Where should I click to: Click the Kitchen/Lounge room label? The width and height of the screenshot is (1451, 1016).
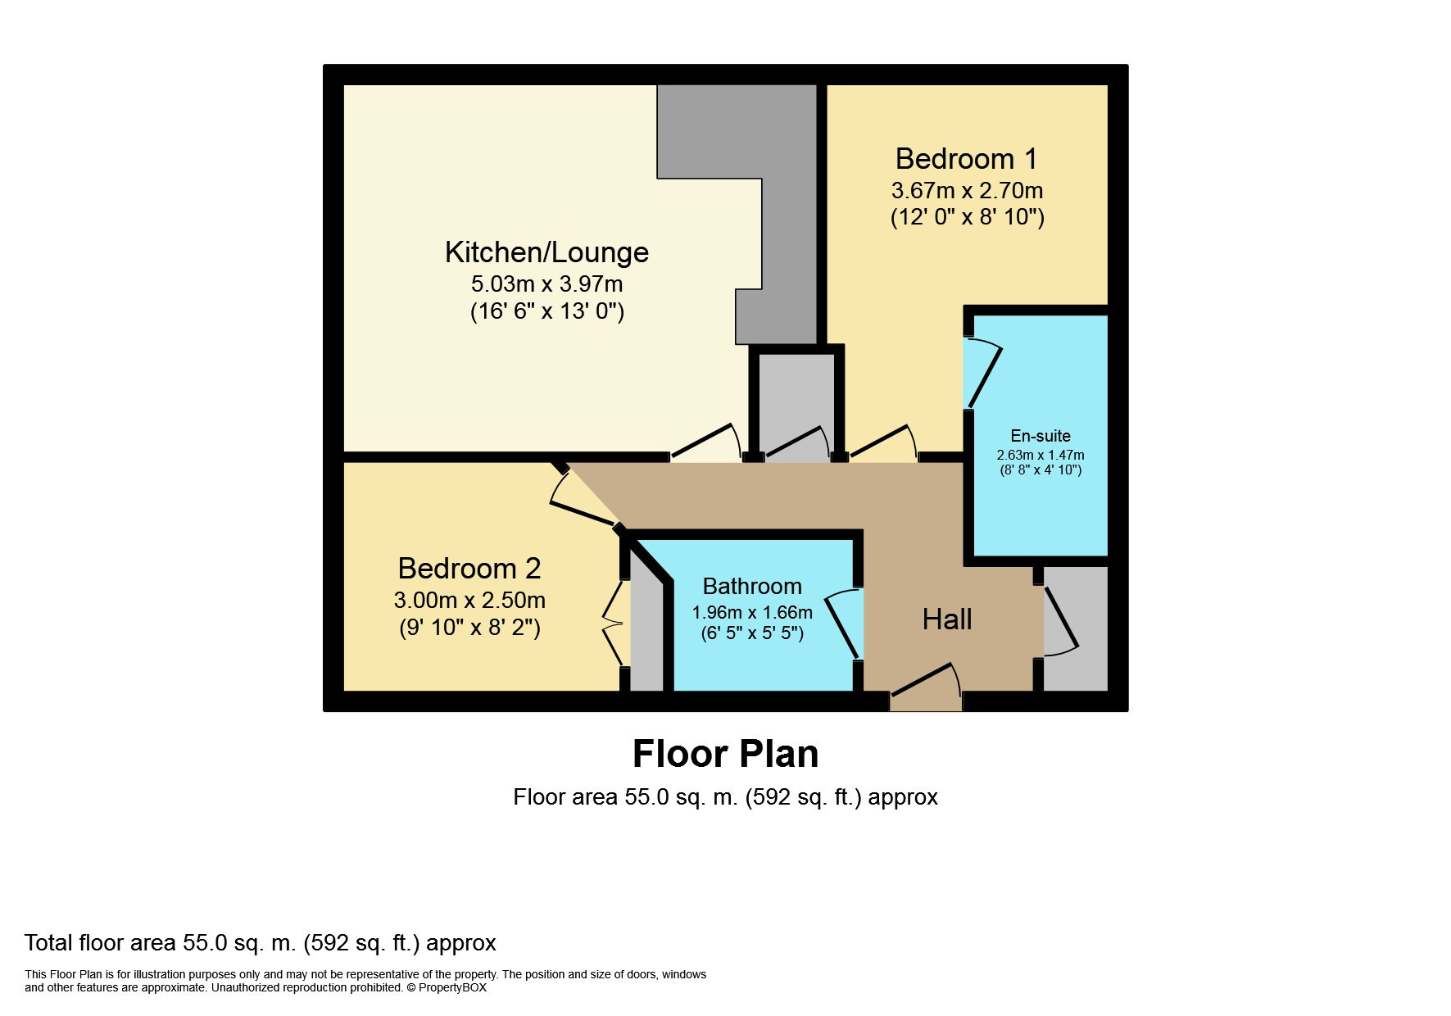546,252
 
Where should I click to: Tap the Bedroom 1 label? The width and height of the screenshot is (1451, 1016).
966,158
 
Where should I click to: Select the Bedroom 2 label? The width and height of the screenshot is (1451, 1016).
469,568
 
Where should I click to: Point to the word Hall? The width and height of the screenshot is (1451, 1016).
947,619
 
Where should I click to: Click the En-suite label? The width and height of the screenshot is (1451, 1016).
1041,436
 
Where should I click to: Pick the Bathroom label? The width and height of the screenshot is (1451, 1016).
752,587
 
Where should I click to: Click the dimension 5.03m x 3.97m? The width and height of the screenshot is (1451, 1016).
546,284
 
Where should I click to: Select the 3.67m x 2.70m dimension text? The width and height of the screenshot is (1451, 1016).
967,191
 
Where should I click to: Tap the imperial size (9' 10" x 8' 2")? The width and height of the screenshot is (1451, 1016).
469,628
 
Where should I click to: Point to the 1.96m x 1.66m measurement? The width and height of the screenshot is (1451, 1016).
752,613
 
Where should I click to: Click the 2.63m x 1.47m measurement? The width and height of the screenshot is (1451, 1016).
1041,455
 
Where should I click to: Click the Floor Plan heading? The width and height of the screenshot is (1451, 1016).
725,754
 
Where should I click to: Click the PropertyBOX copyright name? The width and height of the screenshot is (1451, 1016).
452,988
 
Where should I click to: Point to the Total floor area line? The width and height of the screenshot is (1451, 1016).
261,943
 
